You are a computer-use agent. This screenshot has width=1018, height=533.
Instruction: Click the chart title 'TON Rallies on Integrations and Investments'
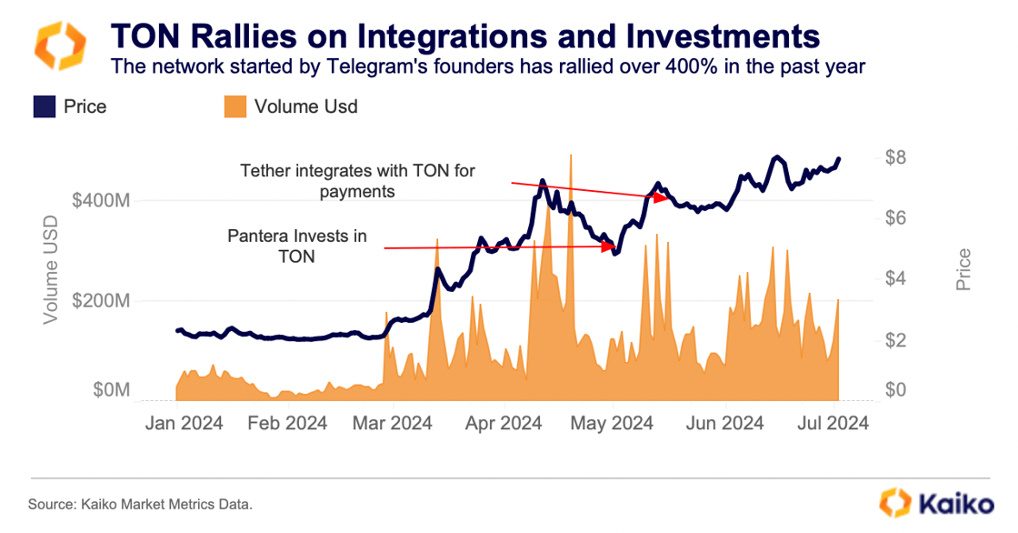click(464, 36)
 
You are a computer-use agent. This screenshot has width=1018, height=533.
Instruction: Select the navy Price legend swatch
click(45, 106)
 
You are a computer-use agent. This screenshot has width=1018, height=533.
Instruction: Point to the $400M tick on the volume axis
click(101, 200)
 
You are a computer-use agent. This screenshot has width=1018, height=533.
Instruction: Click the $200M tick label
click(101, 300)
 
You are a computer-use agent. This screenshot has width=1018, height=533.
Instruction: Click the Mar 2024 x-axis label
click(392, 423)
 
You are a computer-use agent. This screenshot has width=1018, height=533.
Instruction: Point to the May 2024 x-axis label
click(614, 423)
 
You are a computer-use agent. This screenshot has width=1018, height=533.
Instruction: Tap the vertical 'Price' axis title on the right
click(964, 270)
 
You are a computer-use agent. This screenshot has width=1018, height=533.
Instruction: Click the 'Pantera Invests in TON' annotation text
click(297, 246)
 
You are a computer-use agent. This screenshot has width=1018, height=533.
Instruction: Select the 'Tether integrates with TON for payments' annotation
click(357, 181)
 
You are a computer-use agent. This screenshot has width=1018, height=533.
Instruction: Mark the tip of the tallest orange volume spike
click(571, 156)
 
